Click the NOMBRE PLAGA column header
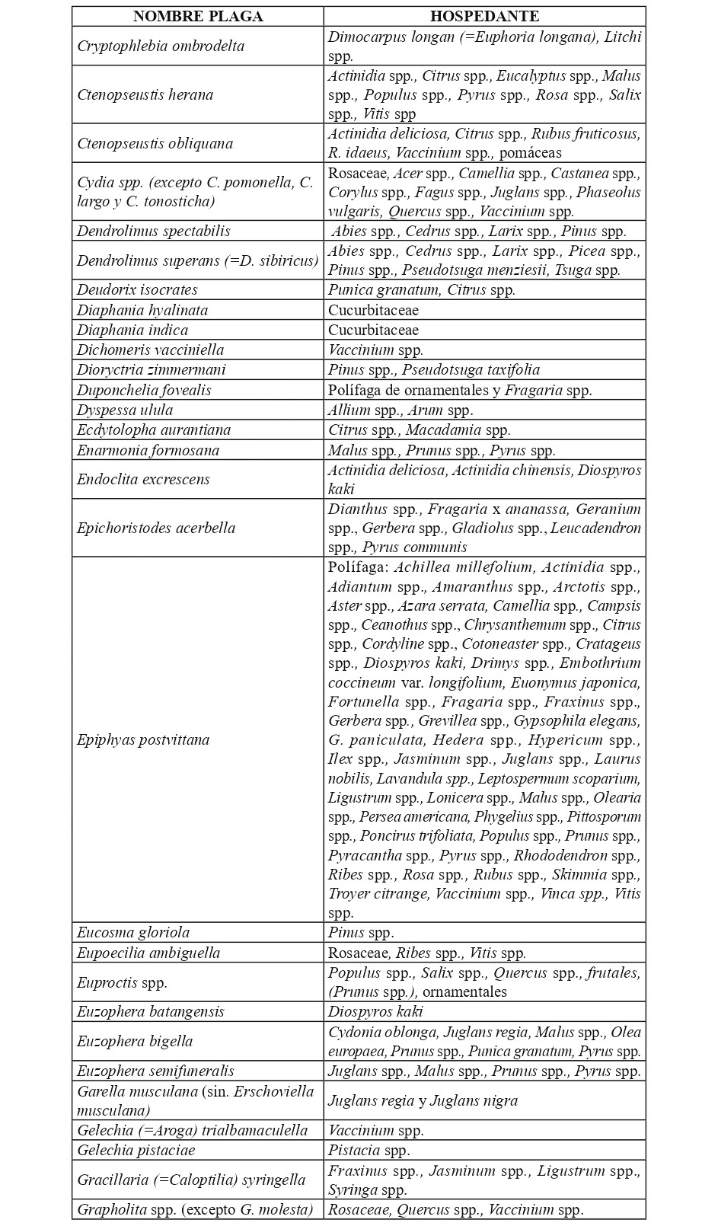click(x=198, y=17)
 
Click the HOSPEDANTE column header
click(x=484, y=17)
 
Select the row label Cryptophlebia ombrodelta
click(x=161, y=46)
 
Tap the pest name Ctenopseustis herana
click(x=145, y=94)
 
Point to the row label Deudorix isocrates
click(x=137, y=289)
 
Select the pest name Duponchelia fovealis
click(x=144, y=390)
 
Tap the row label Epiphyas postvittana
click(x=143, y=739)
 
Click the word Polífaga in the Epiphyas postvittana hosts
click(x=359, y=567)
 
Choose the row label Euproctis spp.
click(x=122, y=982)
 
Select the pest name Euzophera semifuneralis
click(x=155, y=1071)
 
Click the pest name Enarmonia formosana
click(x=148, y=450)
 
